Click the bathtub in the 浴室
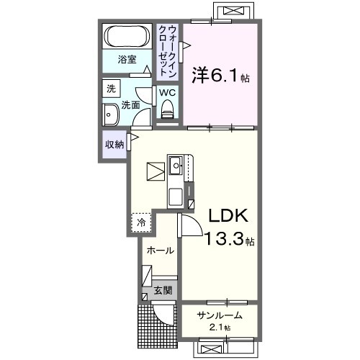click(x=127, y=36)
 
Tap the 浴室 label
click(x=127, y=60)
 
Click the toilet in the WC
click(x=167, y=109)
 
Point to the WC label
click(x=167, y=93)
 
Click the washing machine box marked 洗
click(x=111, y=89)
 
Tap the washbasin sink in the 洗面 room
click(x=111, y=114)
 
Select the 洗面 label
click(x=130, y=105)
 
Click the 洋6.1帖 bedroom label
click(x=220, y=76)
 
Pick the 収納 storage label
click(x=114, y=145)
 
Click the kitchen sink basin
click(x=176, y=166)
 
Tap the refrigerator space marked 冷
click(x=141, y=222)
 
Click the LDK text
click(x=228, y=215)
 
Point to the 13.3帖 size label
click(x=229, y=238)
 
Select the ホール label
click(x=161, y=251)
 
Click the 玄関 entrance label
click(x=163, y=291)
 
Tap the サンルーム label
click(x=220, y=315)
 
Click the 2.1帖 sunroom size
click(x=220, y=328)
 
